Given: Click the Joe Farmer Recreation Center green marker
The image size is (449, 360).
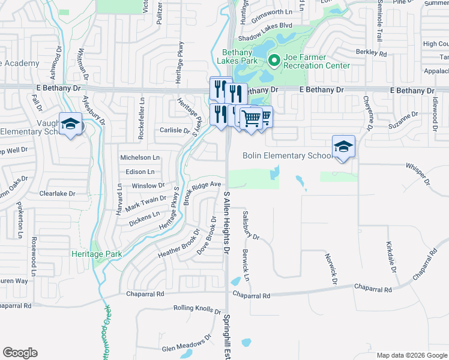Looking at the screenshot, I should point(274,60).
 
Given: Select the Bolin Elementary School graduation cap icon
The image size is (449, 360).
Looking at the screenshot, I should point(344,146).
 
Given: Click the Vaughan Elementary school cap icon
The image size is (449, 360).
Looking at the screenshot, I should point(71,124).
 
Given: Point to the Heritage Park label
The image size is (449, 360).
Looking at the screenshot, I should point(97,254).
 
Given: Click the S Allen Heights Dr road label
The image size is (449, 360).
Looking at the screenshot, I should point(227,221).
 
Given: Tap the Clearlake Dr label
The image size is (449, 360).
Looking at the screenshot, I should point(57,194).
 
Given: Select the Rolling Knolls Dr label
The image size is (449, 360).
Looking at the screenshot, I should point(197,308).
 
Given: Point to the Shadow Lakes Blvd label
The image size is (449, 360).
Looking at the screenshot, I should point(265,26).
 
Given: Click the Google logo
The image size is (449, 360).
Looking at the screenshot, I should point(20,353).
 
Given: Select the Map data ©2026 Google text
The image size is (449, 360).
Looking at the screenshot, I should point(411,355).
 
